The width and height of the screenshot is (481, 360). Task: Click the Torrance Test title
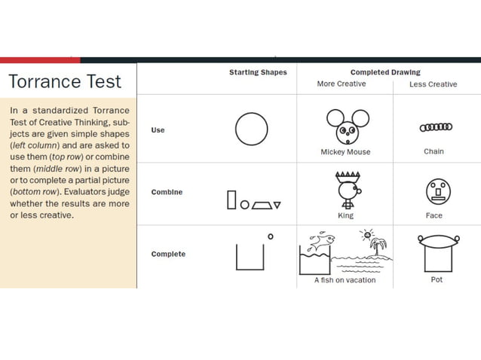tap(64, 81)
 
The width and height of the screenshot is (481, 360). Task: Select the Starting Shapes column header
tap(258, 73)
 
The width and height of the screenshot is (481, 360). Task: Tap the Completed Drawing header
tap(385, 73)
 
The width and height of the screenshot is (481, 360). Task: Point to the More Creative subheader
tap(342, 84)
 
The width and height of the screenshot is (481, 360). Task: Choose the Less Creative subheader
tap(433, 84)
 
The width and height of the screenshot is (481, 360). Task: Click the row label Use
tap(158, 130)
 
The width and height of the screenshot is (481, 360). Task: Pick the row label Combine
tap(167, 192)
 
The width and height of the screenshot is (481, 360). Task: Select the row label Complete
tap(168, 254)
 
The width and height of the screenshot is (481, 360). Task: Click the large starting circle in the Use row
tap(251, 129)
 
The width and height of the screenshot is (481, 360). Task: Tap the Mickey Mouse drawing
tap(347, 127)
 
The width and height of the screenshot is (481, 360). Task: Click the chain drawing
tap(435, 127)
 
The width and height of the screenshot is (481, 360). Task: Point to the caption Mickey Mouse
tap(345, 151)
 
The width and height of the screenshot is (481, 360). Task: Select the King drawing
tap(346, 189)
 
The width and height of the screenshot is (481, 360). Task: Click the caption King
tap(345, 215)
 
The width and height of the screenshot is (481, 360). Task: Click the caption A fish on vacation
tap(345, 279)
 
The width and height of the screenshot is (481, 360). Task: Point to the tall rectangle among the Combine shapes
tap(232, 200)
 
